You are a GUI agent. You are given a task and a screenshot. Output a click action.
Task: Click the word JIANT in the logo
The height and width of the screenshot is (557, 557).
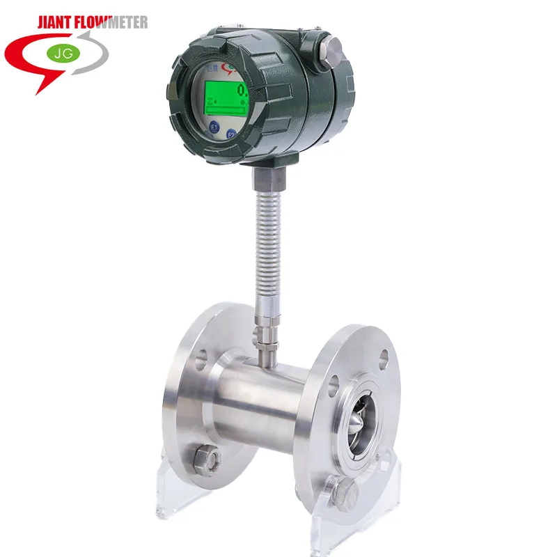pos(61,22)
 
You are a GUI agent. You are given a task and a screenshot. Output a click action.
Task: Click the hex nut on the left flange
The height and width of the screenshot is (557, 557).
pos(207,461)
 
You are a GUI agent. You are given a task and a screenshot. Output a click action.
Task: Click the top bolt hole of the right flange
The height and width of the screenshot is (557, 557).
pos(384,359)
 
